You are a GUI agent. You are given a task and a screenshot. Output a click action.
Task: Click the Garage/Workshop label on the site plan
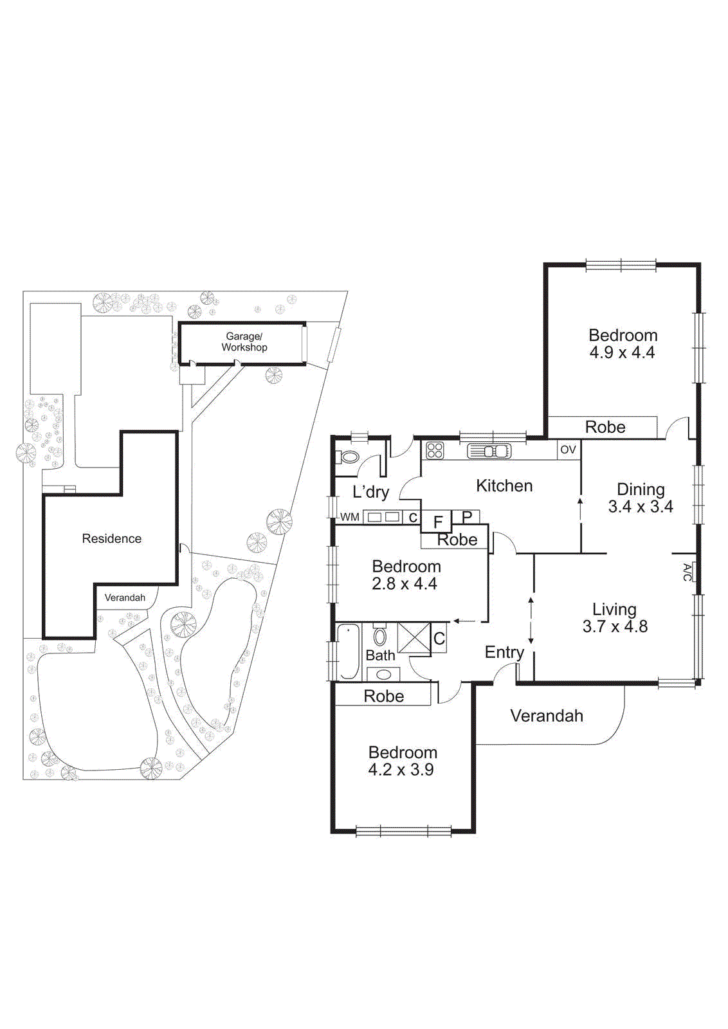point(244,341)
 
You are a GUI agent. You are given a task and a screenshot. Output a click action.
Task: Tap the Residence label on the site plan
point(111,539)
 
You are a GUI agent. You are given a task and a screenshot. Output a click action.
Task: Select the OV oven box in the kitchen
point(568,450)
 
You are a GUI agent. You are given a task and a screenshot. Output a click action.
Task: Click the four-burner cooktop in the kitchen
point(435,450)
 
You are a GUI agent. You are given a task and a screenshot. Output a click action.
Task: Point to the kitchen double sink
point(489,451)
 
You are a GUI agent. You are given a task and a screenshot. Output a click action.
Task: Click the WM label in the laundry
point(349,517)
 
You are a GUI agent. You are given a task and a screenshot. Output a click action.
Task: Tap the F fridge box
point(438,522)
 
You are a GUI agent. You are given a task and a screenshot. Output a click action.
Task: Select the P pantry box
point(467,516)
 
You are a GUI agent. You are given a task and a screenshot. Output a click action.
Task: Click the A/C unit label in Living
point(687,572)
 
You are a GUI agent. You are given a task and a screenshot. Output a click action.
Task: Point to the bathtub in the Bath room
point(349,651)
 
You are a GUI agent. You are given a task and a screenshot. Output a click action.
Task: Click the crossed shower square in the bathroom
point(413,637)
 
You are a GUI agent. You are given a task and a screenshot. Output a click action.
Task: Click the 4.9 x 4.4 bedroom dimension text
point(622,352)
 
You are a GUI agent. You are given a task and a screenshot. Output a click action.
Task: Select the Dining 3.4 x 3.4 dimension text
point(641,507)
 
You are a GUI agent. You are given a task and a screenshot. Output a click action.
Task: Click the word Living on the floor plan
point(614,609)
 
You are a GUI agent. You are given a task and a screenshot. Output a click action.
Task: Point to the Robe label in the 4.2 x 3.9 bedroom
point(383,696)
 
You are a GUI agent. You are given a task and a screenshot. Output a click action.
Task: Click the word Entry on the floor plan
point(504,652)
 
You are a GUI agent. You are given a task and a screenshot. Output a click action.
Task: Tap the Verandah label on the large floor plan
point(547,716)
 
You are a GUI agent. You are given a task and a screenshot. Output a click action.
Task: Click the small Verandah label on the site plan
point(125,597)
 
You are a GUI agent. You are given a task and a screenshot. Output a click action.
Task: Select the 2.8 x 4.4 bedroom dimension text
point(405,584)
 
